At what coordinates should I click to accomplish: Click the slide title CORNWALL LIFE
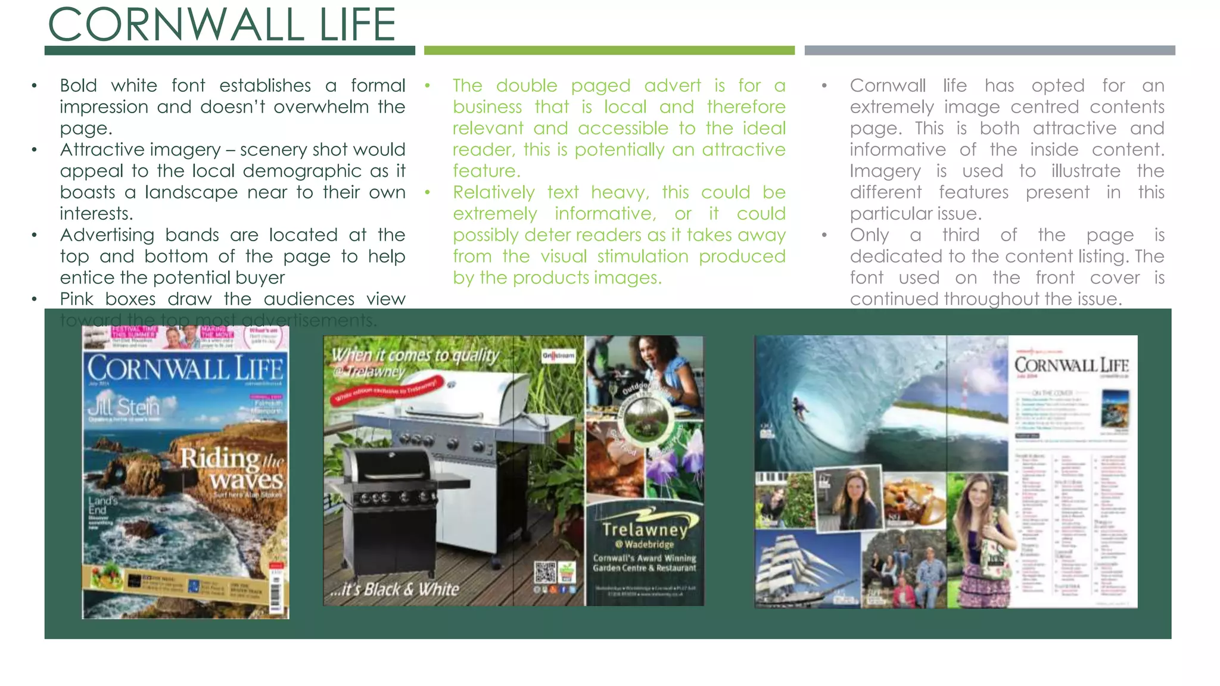(222, 25)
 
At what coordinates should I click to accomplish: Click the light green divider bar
(609, 51)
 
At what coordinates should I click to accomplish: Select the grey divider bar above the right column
(989, 51)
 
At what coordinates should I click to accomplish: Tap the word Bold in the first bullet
(78, 86)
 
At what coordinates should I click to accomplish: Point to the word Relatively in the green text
(493, 192)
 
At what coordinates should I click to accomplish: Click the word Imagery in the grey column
(885, 171)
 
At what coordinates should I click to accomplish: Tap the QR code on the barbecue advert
(544, 572)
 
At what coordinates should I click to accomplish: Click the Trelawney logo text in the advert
(645, 529)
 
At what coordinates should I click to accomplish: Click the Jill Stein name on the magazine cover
(123, 407)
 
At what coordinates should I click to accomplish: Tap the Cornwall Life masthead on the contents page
(1071, 365)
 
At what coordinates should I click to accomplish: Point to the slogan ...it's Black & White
(395, 590)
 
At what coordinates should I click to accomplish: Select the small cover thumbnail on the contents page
(1115, 408)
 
